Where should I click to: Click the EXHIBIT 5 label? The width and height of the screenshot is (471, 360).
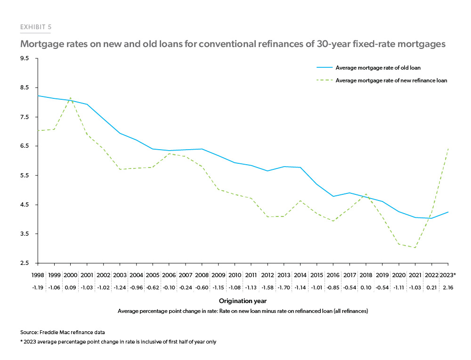[x=36, y=27]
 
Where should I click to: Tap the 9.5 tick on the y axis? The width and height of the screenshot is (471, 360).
[x=24, y=59]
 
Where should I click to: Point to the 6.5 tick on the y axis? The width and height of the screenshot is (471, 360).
[x=24, y=146]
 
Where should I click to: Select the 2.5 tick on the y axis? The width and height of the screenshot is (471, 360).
[x=24, y=263]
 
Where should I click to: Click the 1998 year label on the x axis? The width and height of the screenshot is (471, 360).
[x=38, y=273]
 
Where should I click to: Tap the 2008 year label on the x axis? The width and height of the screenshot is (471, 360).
[x=202, y=273]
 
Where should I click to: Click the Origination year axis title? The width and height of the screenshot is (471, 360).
[x=243, y=300]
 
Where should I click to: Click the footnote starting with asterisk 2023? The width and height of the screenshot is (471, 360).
[x=118, y=342]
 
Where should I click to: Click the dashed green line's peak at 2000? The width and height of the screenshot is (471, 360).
[x=71, y=98]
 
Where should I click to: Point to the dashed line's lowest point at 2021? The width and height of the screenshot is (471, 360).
[x=415, y=248]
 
